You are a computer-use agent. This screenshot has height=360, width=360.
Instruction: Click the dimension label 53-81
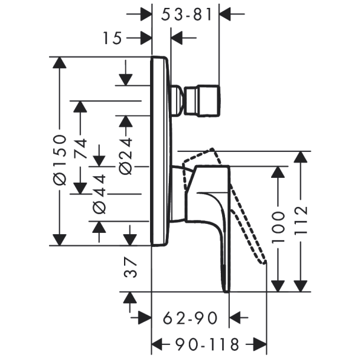tap(186, 15)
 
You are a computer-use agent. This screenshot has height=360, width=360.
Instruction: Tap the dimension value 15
tap(113, 38)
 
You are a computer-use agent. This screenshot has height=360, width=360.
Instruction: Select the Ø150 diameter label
tap(60, 160)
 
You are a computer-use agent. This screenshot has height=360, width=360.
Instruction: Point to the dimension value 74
tap(80, 148)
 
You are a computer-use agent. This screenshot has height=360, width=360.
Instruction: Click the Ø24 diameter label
tap(126, 156)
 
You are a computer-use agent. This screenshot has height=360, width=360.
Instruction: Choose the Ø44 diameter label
tap(99, 194)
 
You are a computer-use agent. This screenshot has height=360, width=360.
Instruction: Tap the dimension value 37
tap(131, 267)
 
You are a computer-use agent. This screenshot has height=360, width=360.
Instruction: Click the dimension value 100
tap(278, 227)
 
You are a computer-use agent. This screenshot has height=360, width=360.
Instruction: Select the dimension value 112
tap(301, 220)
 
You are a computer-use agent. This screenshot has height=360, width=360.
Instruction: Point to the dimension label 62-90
tap(190, 318)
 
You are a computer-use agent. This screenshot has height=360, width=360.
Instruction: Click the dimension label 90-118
tap(208, 344)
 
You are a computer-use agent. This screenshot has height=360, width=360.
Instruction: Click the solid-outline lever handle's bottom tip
tap(227, 292)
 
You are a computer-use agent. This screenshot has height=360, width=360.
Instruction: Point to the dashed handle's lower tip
tap(264, 262)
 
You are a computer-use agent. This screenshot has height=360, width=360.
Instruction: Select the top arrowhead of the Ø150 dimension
tap(59, 62)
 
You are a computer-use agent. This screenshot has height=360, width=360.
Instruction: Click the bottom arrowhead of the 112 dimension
tap(301, 286)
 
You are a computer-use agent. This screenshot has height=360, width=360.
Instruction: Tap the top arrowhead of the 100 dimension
tap(278, 172)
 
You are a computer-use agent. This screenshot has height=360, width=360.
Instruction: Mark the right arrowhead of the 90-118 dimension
tap(260, 344)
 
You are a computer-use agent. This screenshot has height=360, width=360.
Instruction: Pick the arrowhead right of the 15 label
tap(145, 38)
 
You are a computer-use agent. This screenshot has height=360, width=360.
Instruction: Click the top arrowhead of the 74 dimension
tap(80, 106)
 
